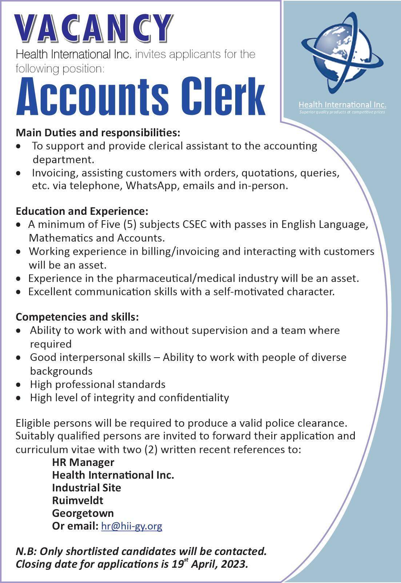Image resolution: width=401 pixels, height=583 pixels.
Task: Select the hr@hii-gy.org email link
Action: coord(132,526)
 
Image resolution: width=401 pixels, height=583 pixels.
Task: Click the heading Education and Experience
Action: coord(82,211)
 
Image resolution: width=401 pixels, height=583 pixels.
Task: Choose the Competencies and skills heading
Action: coord(77,317)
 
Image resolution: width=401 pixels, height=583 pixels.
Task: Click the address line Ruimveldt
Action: coord(77,500)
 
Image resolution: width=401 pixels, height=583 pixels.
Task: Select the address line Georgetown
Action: coord(83,513)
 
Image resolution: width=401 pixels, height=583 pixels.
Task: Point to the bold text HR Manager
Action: coord(83,462)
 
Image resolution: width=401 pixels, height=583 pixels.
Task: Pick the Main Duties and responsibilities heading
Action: coord(98,133)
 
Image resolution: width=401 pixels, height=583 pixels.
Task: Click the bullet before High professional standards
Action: coord(19,385)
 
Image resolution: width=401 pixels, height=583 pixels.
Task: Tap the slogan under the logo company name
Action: coord(342,112)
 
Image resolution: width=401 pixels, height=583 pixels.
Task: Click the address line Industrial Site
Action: coord(87,488)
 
